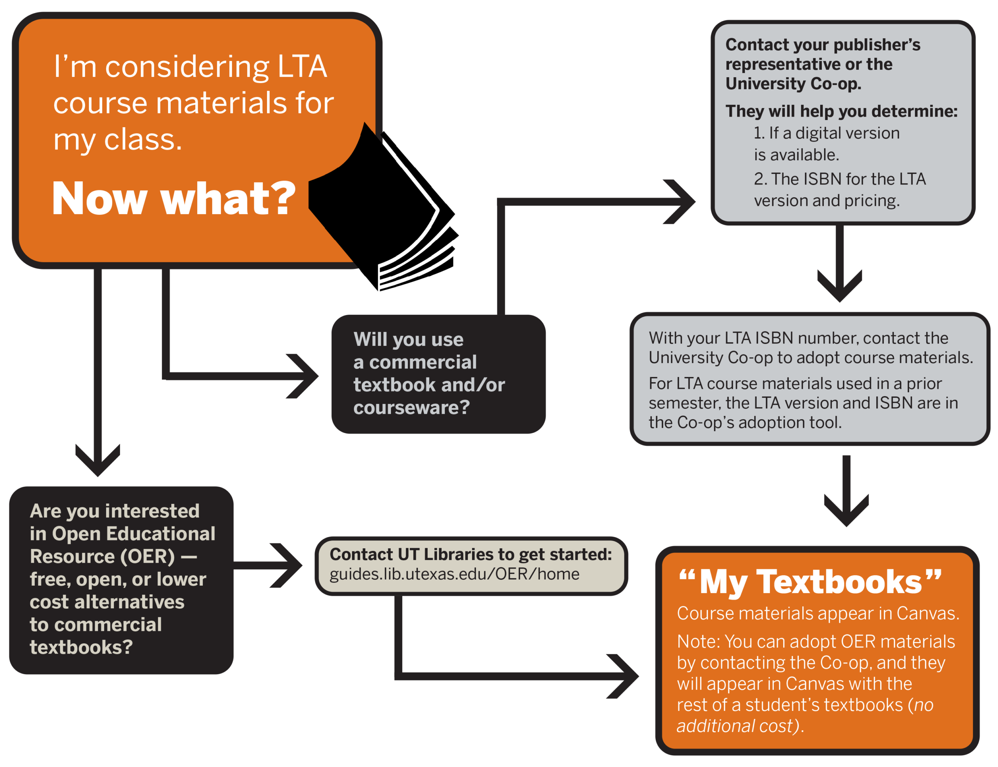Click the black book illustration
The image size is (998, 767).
coord(383,208)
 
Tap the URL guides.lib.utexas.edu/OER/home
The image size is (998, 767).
coord(454,574)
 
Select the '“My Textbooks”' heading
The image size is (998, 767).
coord(810,582)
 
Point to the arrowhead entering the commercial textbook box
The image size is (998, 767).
coord(302,376)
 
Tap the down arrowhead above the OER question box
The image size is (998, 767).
coord(97,460)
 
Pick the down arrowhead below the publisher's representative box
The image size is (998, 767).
coord(840,286)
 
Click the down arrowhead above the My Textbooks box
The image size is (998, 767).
coord(846,510)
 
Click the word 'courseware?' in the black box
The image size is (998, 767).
coord(411,407)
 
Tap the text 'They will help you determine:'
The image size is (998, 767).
coord(842,111)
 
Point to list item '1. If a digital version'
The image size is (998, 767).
coord(826,133)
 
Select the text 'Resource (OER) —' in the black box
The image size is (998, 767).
coord(113,556)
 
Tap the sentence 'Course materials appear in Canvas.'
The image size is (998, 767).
coord(818,613)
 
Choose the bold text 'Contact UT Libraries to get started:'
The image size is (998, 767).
coord(471,554)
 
